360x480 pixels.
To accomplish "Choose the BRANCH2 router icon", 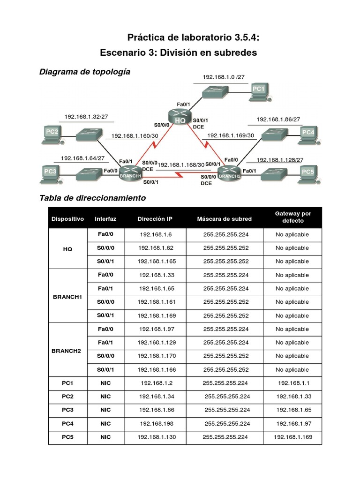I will (x=230, y=174).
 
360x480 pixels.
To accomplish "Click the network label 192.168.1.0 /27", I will (x=224, y=76).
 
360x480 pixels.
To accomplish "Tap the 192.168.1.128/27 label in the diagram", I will (x=280, y=160).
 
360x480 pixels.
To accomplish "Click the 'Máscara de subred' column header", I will (x=225, y=219).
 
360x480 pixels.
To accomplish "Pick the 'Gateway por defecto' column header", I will (x=293, y=217).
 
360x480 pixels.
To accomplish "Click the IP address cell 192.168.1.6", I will (x=155, y=234).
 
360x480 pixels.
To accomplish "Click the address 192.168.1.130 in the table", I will (x=155, y=437).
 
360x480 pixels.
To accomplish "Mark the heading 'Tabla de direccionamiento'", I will (x=93, y=198).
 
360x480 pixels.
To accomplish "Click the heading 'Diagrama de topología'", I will (x=85, y=72).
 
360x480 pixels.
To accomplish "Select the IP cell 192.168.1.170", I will (x=155, y=356).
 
